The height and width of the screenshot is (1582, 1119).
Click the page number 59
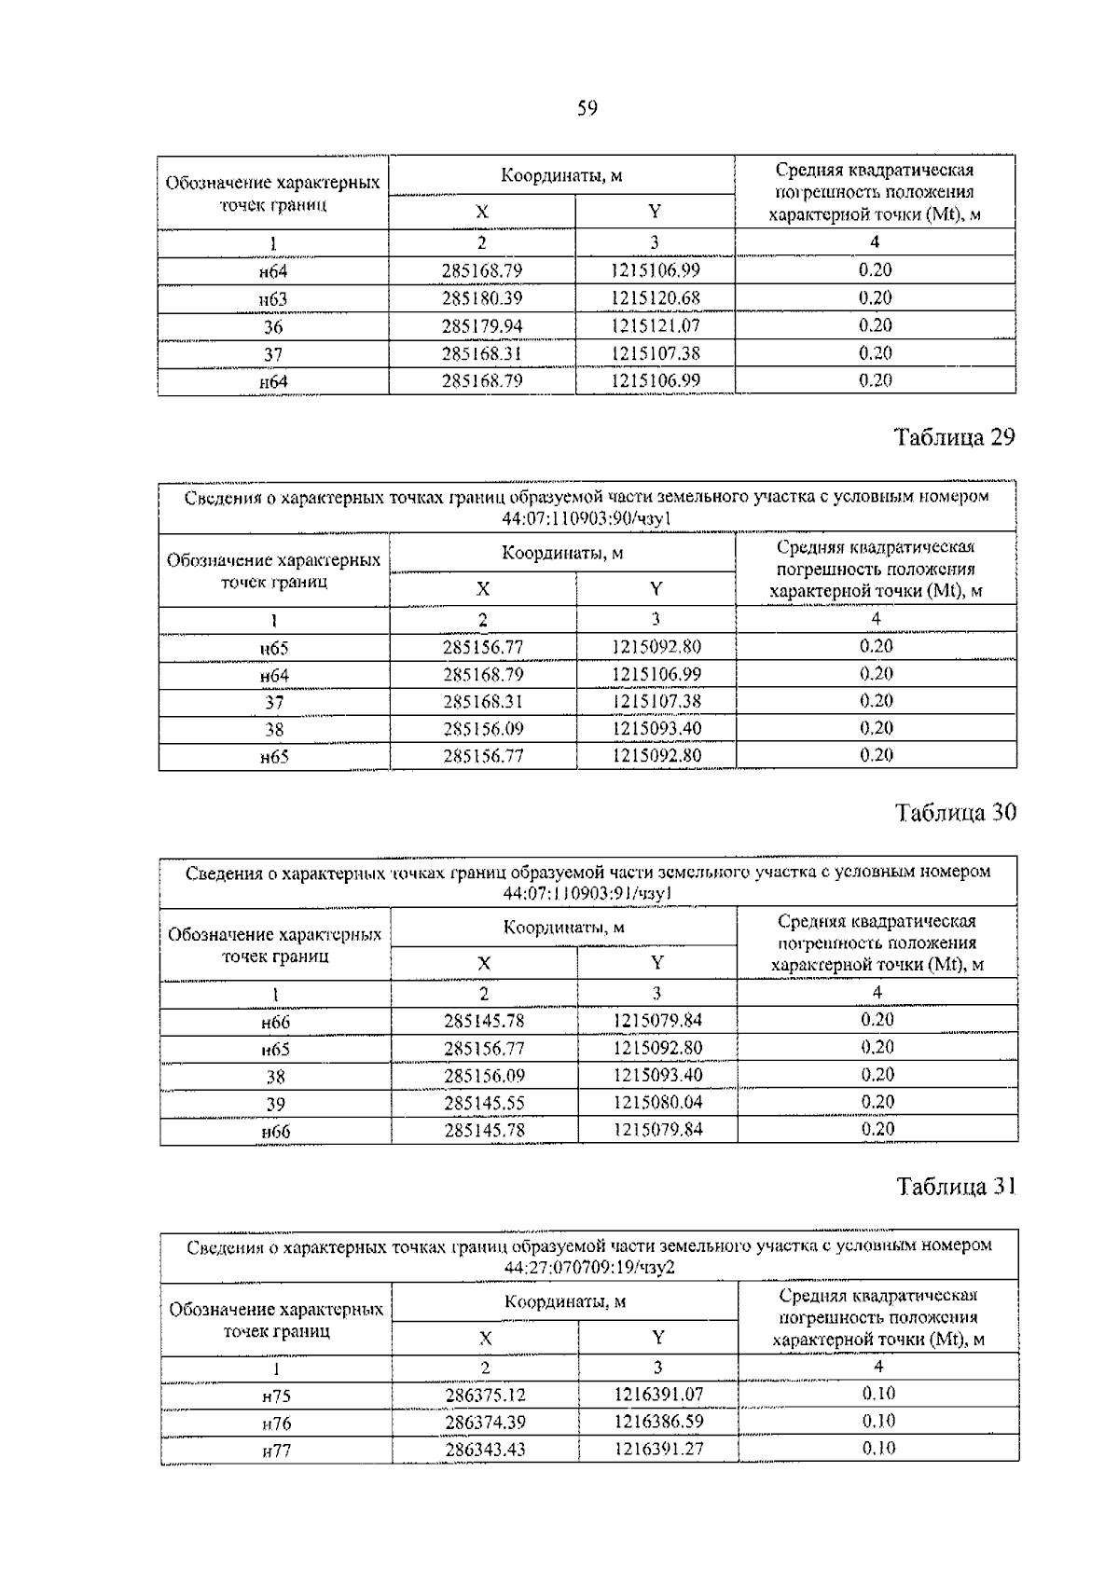[587, 109]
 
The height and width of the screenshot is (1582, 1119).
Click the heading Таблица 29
[954, 437]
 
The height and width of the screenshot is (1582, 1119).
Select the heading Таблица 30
[955, 813]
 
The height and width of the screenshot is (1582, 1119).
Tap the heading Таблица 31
[955, 1187]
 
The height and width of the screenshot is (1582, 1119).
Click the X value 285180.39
[482, 298]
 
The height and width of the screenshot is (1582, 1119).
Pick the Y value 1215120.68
[656, 298]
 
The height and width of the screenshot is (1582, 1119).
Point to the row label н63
[273, 299]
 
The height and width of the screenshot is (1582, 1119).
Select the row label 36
[273, 327]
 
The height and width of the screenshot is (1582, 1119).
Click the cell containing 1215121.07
[656, 326]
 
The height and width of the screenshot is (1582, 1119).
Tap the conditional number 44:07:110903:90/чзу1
[587, 518]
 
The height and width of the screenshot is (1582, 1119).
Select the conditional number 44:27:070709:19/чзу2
[589, 1268]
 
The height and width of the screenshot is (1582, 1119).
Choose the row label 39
[275, 1104]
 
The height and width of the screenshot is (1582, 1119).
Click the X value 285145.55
[484, 1103]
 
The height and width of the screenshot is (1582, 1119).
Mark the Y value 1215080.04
[657, 1103]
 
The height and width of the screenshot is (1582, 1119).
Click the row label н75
[276, 1396]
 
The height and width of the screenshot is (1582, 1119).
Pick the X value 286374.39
[485, 1423]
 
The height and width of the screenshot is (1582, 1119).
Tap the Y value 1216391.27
[658, 1450]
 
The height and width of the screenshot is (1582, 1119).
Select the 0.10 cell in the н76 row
[877, 1422]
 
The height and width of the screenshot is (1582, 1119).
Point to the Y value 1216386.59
[658, 1423]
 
